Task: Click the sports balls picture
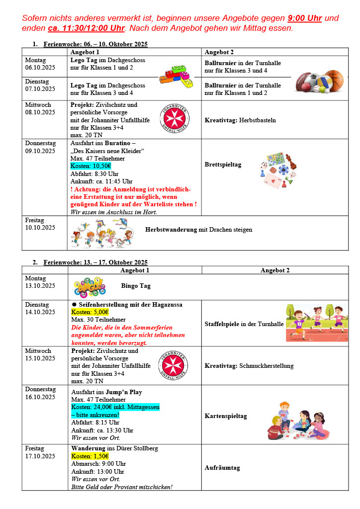319,82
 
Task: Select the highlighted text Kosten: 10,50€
91,166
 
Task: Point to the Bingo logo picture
90,287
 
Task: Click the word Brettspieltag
223,165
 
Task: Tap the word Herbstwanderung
171,230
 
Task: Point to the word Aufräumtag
222,468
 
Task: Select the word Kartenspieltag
226,416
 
